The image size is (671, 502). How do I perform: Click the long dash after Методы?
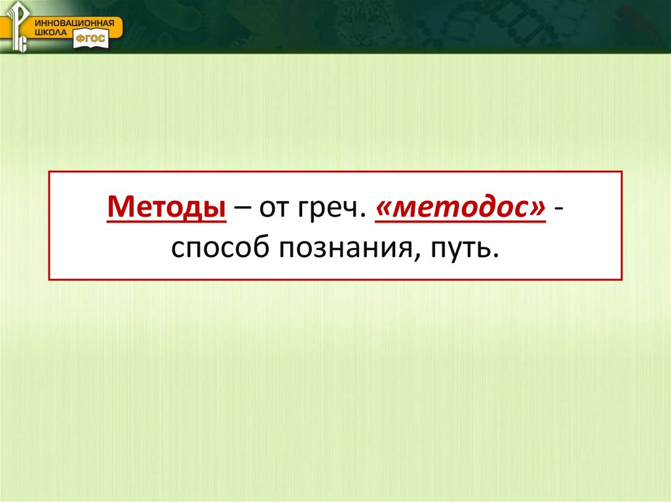(x=243, y=209)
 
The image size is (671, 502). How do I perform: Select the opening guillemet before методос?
(x=385, y=209)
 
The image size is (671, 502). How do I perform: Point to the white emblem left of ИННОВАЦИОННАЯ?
(x=17, y=26)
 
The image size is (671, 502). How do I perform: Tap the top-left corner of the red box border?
(x=49, y=171)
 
